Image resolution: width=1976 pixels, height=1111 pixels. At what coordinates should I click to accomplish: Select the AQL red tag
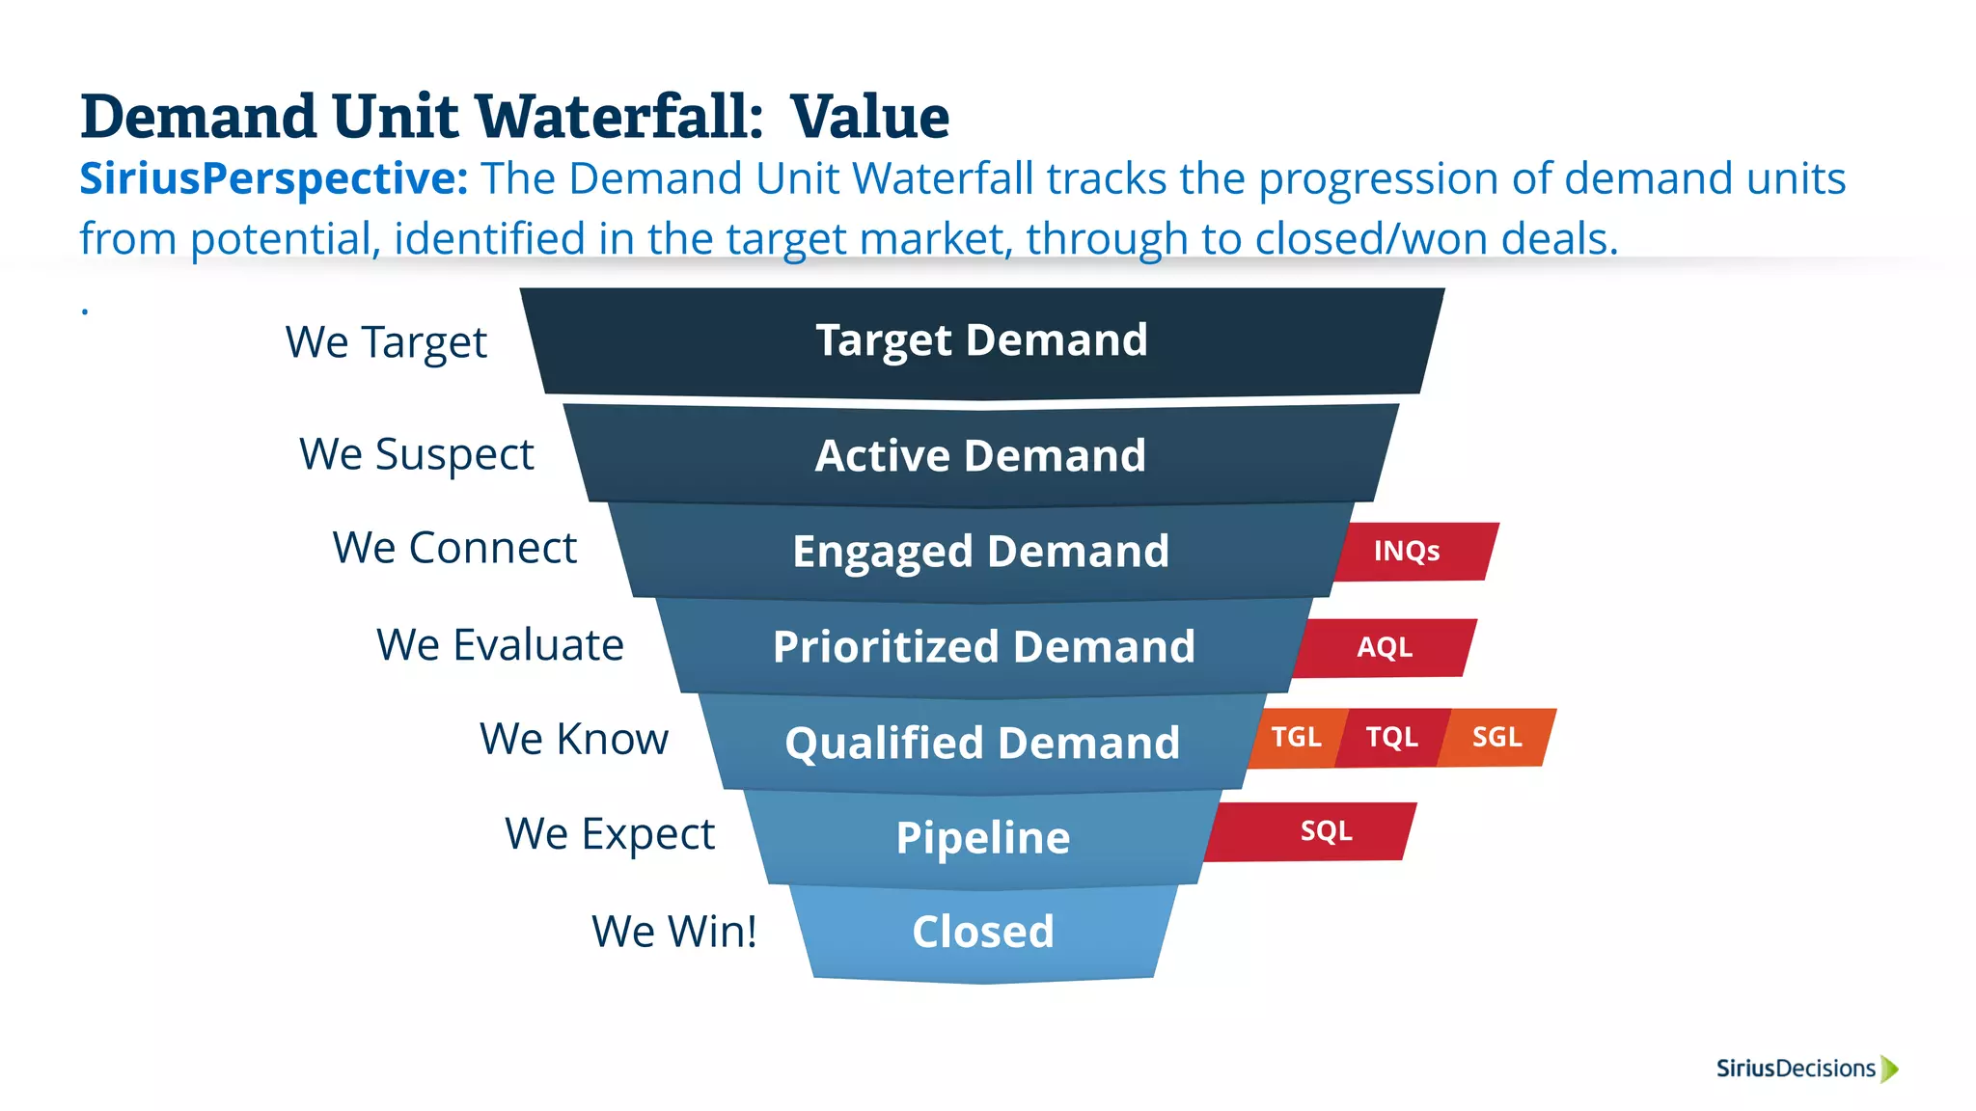[1386, 647]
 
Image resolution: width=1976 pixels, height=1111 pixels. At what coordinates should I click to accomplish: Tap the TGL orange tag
[1295, 738]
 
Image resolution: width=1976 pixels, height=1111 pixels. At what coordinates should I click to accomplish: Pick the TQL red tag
[1392, 738]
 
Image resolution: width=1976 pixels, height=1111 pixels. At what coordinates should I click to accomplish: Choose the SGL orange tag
[1497, 738]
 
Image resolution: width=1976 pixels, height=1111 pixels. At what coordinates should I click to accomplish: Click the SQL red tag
[1326, 831]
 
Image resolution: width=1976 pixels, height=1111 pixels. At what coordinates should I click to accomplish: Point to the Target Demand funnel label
[982, 340]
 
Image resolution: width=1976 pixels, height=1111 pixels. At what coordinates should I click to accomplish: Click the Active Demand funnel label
[981, 455]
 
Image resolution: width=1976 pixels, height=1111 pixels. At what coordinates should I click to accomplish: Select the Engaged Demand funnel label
[981, 552]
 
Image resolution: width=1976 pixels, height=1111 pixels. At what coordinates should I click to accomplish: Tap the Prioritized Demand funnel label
[984, 646]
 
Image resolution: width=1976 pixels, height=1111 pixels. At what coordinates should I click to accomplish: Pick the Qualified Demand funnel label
[982, 743]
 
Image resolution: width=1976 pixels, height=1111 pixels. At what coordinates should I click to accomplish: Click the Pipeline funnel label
[983, 837]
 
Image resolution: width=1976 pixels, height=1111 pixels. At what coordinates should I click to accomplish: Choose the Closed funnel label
[983, 932]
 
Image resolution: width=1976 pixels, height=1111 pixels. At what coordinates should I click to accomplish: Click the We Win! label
[674, 932]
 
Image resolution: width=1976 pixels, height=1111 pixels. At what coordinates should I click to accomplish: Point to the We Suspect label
[417, 454]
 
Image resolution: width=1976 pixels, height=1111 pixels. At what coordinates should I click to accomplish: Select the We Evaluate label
[500, 644]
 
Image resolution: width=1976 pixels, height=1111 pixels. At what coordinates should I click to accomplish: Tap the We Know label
[574, 740]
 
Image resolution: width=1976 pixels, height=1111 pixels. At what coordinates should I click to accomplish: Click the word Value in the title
[870, 117]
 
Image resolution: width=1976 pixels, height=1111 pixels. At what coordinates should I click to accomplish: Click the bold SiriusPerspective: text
[274, 179]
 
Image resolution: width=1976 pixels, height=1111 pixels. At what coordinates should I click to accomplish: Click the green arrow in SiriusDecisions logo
[1890, 1069]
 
